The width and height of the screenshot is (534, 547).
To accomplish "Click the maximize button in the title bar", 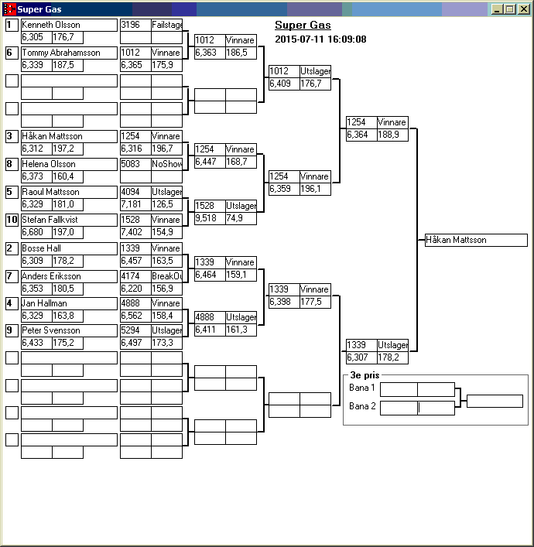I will (510, 9).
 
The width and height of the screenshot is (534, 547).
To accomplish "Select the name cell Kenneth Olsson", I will (69, 25).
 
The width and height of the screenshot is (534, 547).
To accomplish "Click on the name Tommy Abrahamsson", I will (69, 53).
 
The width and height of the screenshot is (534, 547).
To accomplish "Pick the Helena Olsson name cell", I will (69, 164).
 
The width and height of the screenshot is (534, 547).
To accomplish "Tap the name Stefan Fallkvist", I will (69, 220).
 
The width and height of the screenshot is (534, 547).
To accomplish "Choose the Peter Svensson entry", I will (69, 330).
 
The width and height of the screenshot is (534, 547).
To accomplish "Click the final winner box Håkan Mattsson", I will (476, 240).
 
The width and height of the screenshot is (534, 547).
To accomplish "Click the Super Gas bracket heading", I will (303, 26).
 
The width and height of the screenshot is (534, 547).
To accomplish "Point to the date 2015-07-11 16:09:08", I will (320, 39).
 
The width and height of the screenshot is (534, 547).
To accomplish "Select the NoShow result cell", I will (166, 164).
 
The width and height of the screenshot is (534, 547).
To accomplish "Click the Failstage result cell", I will (166, 25).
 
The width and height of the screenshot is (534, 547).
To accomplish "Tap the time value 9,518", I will (209, 218).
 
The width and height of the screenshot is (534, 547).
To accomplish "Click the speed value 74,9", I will (240, 218).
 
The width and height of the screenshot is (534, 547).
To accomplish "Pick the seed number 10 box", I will (12, 220).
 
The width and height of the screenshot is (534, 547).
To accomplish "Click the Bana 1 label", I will (361, 388).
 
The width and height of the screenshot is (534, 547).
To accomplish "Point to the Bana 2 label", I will (361, 406).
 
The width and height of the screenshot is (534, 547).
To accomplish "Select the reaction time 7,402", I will (135, 232).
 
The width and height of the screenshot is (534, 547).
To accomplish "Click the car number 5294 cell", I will (135, 330).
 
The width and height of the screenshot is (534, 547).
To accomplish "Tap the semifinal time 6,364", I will (361, 135).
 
